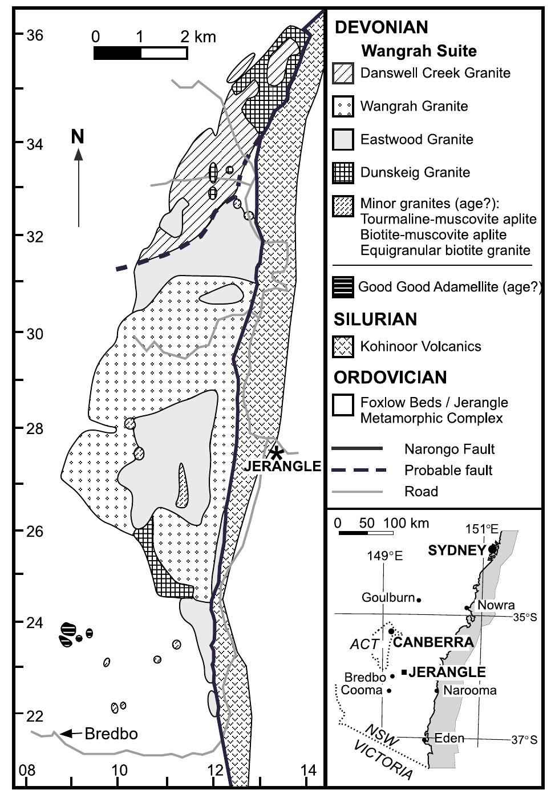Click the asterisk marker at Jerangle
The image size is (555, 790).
pyautogui.click(x=277, y=454)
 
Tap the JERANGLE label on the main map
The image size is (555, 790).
pyautogui.click(x=282, y=467)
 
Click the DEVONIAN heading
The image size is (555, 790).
pyautogui.click(x=381, y=27)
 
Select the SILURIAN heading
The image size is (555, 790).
pyautogui.click(x=375, y=319)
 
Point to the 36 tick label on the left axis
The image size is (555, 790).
pyautogui.click(x=35, y=35)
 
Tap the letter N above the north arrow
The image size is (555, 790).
pyautogui.click(x=78, y=137)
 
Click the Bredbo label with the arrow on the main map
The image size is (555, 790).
pyautogui.click(x=111, y=734)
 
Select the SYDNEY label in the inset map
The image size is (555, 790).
pyautogui.click(x=456, y=550)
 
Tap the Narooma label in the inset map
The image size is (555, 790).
pyautogui.click(x=469, y=690)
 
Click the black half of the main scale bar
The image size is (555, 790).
pyautogui.click(x=117, y=53)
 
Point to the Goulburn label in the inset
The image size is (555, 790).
pyautogui.click(x=388, y=598)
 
